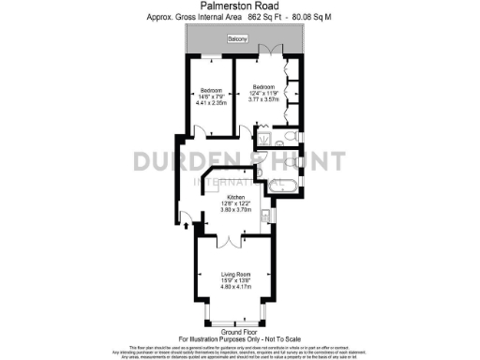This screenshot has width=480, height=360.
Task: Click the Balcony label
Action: (240, 38)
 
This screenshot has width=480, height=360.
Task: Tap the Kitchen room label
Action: (236, 198)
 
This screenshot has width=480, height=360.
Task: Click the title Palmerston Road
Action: (240, 6)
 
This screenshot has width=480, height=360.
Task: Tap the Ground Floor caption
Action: (240, 332)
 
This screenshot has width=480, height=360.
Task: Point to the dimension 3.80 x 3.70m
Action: (236, 210)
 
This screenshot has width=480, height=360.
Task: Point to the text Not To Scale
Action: (280, 337)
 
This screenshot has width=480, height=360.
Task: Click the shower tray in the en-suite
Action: (265, 142)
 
